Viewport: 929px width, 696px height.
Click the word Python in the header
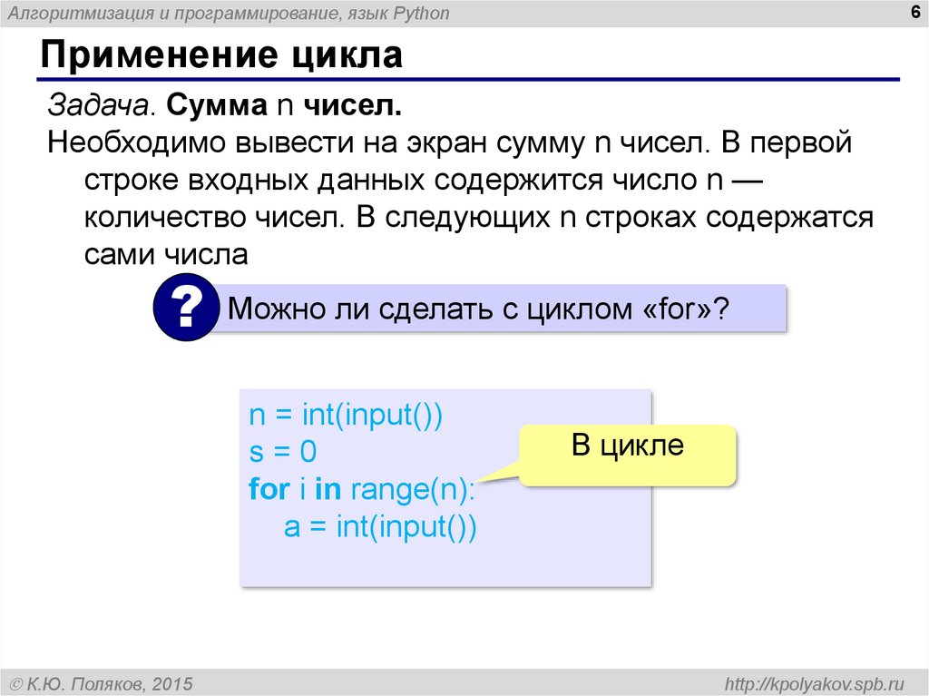[421, 14]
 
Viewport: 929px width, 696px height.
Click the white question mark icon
[187, 309]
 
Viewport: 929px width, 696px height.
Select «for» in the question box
[674, 309]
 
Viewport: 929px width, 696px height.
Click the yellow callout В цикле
[627, 446]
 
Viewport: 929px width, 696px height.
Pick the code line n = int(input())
[346, 416]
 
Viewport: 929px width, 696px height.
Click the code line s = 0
[283, 453]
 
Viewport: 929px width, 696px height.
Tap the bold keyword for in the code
[268, 490]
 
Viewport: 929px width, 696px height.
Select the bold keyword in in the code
[327, 490]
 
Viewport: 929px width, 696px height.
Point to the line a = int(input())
[379, 527]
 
